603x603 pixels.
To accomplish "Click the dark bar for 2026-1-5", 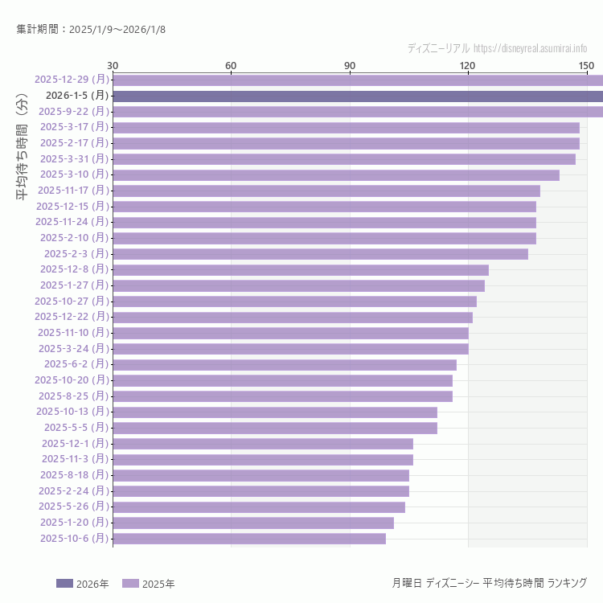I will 358,96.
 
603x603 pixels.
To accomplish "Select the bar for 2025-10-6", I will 249,539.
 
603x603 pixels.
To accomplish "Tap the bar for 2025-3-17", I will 346,127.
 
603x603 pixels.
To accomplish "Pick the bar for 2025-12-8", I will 301,269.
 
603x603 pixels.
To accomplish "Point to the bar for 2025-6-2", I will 285,364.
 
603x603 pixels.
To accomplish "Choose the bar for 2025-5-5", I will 275,428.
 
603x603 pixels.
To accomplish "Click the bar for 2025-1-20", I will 253,523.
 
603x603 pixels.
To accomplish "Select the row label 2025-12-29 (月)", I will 72,80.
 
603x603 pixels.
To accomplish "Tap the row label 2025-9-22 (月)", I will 73,111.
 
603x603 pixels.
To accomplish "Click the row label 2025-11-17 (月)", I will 73,191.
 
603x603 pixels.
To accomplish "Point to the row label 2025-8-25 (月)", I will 73,396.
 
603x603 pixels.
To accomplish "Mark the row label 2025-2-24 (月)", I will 73,490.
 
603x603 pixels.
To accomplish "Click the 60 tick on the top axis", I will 231,65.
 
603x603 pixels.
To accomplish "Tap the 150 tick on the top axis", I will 586,65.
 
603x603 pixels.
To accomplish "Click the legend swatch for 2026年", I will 64,583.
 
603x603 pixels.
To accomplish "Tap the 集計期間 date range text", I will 91,30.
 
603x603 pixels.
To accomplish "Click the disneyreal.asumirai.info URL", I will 530,48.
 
